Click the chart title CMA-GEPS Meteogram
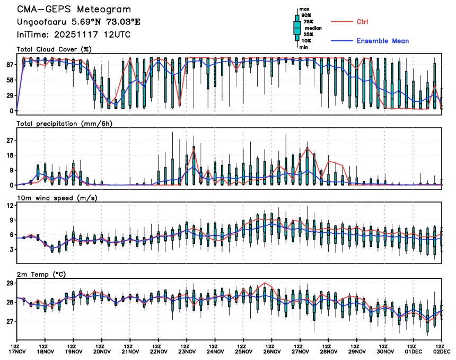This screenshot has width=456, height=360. (74, 10)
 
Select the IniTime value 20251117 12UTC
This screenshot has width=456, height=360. (93, 34)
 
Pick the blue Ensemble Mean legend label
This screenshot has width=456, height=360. (382, 41)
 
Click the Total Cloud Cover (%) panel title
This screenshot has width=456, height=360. (54, 49)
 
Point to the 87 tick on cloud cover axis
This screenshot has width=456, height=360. (10, 65)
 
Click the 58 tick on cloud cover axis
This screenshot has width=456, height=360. (10, 80)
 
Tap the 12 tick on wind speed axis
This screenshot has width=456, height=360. (10, 205)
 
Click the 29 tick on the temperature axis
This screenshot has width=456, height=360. (10, 284)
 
